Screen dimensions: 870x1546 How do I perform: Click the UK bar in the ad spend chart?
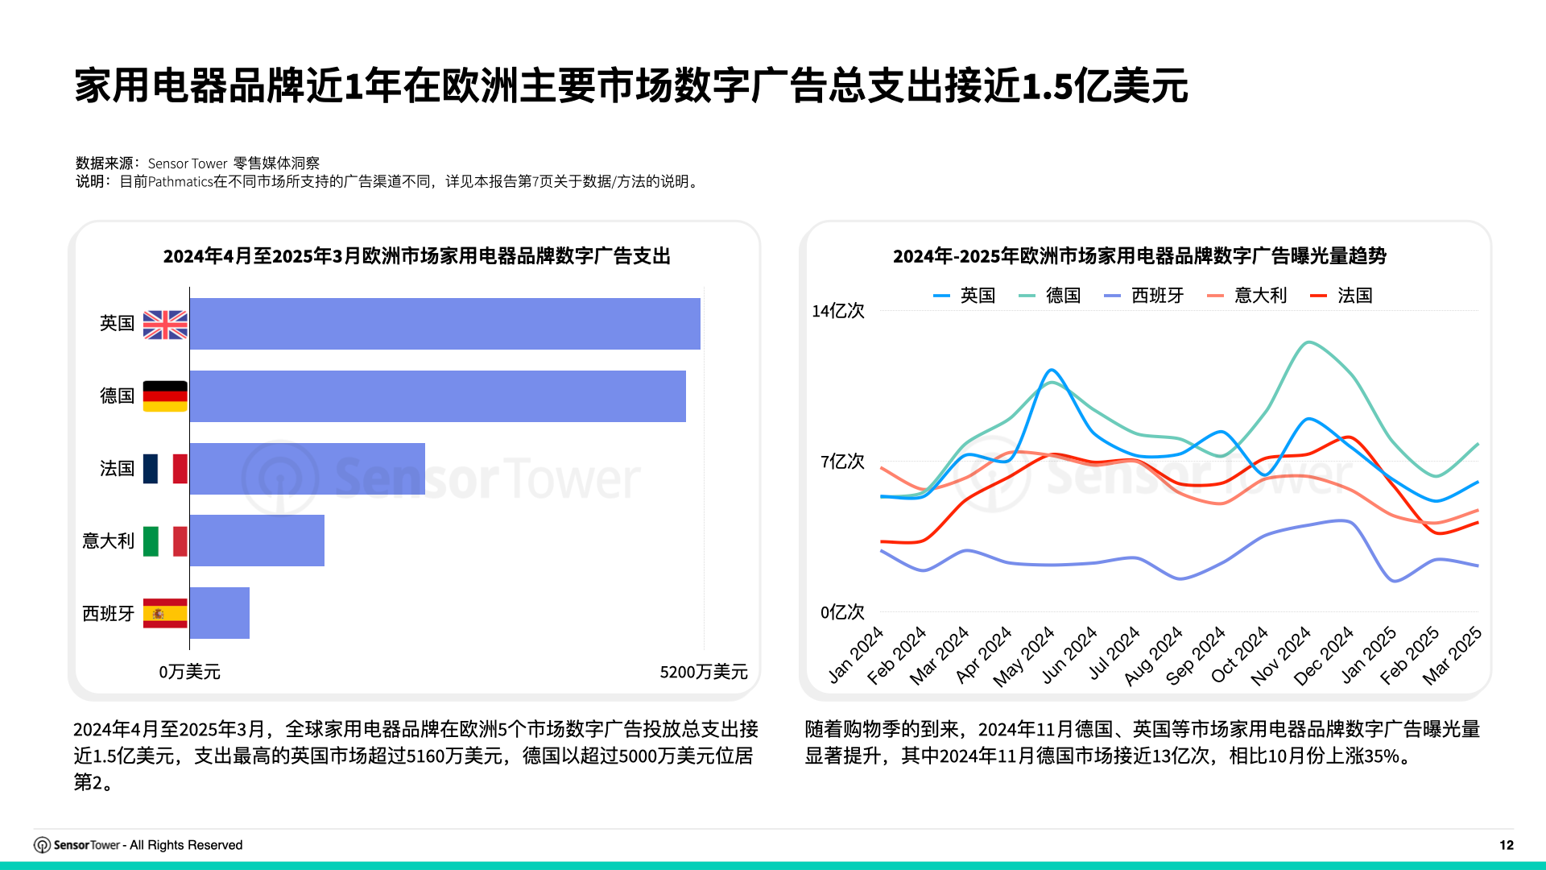[x=444, y=324]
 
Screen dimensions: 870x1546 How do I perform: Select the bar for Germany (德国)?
[x=437, y=396]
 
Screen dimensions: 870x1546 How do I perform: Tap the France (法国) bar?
[x=307, y=469]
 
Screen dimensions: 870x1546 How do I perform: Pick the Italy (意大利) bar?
[x=257, y=541]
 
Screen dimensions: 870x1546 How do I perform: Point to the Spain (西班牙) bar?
[x=219, y=613]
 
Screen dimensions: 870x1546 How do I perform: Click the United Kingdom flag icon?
[x=165, y=325]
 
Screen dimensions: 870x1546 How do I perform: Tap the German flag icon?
[x=165, y=396]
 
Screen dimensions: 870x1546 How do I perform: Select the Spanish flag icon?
[x=165, y=613]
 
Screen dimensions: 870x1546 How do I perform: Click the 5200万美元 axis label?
[x=703, y=672]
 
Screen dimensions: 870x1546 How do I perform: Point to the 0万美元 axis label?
[x=189, y=672]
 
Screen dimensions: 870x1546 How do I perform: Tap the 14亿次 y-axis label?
[x=837, y=311]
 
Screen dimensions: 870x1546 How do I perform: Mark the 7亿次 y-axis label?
[x=842, y=462]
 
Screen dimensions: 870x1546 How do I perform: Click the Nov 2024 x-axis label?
[x=1280, y=657]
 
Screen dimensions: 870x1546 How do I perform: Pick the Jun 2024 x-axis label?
[x=1069, y=656]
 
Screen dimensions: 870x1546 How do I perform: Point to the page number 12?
[x=1506, y=845]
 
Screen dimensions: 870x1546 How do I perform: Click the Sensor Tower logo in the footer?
[x=42, y=845]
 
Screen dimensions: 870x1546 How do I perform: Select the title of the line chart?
[x=1139, y=256]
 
